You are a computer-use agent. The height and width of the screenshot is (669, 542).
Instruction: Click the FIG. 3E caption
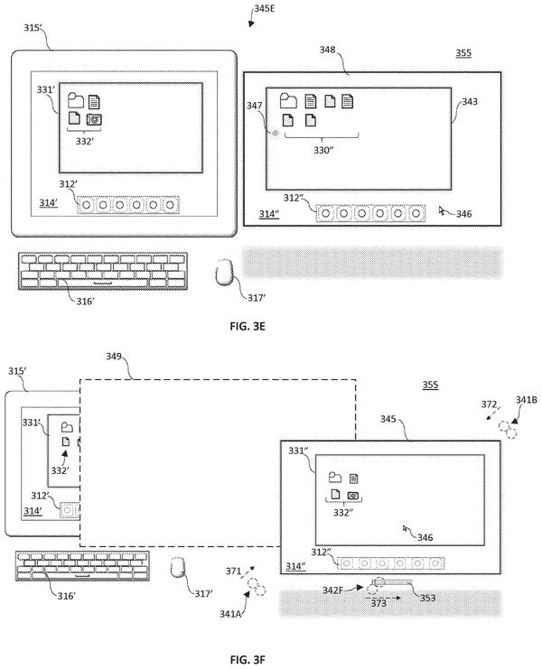coord(248,327)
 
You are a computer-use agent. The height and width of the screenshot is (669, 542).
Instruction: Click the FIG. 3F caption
coord(248,660)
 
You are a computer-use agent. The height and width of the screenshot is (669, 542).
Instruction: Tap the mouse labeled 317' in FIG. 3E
coord(224,272)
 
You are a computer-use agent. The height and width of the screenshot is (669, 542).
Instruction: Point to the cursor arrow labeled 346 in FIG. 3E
coord(442,210)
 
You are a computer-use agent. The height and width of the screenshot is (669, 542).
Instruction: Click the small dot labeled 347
coord(276,133)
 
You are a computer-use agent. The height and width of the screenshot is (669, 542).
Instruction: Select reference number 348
coord(327,50)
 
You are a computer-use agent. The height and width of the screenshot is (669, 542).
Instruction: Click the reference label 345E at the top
coord(265,8)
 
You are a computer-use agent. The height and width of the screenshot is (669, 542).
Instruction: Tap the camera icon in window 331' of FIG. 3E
coord(94,119)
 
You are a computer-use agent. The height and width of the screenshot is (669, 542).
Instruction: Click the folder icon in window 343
coord(288,101)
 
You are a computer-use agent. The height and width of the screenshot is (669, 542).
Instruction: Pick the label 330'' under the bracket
coord(323,150)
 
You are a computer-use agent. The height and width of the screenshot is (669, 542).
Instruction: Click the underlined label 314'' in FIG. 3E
coord(269,214)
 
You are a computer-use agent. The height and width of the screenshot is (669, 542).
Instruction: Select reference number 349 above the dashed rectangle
coord(114,356)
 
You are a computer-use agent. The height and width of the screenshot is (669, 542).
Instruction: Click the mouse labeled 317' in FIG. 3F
coord(178,567)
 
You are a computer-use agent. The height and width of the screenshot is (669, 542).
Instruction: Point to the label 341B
coord(527,400)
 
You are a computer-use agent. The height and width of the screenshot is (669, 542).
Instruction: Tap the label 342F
coord(332,590)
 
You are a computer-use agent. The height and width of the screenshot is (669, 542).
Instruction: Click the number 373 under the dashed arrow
coord(378,603)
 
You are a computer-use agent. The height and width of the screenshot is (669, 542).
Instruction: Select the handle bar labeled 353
coord(393,581)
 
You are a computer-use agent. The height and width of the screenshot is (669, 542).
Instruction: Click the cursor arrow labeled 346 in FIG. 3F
coord(406,529)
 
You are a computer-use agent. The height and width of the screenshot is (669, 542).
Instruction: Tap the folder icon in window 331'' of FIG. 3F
coord(335,477)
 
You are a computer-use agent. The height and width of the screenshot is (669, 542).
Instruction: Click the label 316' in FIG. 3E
coord(85,302)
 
